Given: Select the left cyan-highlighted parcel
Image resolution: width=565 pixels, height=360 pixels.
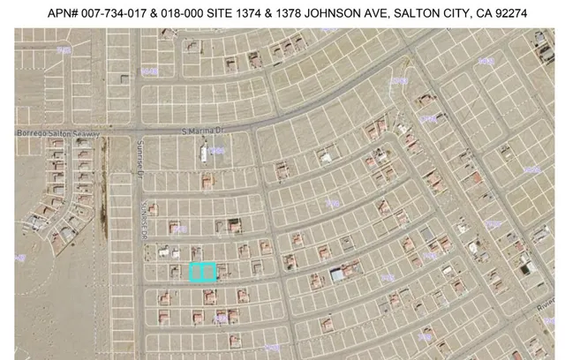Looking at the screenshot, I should pos(197,272).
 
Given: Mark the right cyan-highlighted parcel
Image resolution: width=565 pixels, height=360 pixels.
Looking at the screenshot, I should pos(209,272).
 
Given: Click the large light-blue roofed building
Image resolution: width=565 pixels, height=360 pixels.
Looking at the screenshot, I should pos(337,275).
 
